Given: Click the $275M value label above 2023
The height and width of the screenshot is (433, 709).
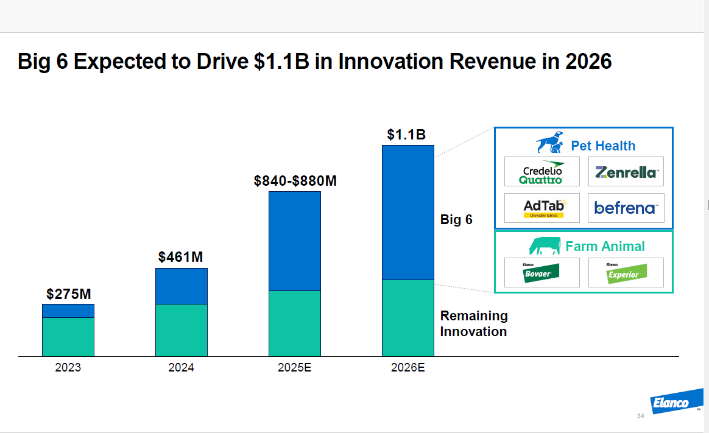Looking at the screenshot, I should point(68,294).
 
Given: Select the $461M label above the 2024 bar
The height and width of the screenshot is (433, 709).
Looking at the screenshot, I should point(181,257).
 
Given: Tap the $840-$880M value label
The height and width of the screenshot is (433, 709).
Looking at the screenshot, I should point(295,181).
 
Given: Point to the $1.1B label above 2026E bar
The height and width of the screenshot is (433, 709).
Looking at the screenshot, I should point(406,135).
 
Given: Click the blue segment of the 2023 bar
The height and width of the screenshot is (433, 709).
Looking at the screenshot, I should point(68,311).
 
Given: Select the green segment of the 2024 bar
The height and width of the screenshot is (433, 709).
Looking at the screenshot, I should point(182,330).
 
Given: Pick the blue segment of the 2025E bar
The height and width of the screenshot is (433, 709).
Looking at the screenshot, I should point(295,241).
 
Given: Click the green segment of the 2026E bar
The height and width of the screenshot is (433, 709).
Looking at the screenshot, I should point(408,318).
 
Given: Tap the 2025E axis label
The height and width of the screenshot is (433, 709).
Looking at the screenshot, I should point(295,368).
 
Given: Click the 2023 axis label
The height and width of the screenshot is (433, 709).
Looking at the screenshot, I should point(68,368).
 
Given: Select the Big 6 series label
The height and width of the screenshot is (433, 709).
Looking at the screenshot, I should point(456,220).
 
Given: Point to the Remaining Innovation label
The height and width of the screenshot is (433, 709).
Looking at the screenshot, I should point(474,323).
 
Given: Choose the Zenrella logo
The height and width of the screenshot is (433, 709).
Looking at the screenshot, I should point(626,172).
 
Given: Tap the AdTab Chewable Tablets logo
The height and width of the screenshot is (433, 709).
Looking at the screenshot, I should point(542,208).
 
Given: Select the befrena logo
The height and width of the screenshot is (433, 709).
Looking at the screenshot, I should point(626,208).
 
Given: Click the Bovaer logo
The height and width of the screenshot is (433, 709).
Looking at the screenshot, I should point(542,272).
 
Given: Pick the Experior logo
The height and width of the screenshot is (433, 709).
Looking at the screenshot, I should point(626,272).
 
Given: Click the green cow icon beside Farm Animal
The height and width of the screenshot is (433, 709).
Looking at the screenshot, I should point(545,246).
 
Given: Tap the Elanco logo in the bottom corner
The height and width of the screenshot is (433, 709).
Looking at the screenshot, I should point(671,403).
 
